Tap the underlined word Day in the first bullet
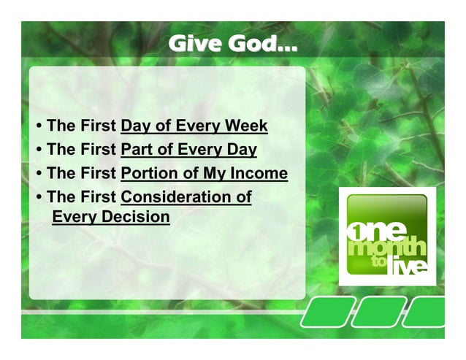click(x=136, y=126)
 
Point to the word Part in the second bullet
click(x=137, y=150)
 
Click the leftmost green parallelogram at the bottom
click(x=322, y=312)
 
